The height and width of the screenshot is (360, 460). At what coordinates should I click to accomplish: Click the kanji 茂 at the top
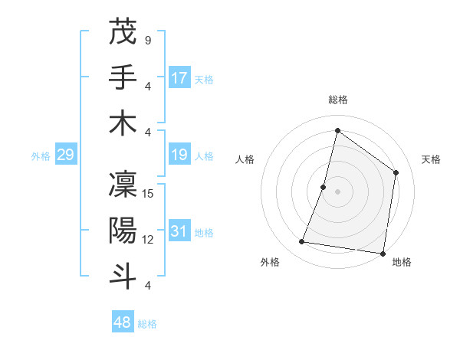(x=122, y=32)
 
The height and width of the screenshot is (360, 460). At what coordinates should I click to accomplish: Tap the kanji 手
(x=122, y=77)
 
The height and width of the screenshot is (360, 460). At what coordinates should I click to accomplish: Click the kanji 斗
(x=122, y=275)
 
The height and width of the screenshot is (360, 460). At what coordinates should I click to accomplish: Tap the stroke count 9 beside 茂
(x=148, y=39)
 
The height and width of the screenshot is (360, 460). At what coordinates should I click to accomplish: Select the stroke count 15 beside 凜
(x=149, y=193)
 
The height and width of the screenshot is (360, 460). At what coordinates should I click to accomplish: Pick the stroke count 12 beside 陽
(x=149, y=240)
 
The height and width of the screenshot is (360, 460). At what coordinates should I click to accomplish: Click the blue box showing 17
(x=179, y=78)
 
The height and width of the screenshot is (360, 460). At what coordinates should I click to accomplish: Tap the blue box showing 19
(x=179, y=155)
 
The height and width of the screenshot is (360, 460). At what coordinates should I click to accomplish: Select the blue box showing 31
(x=179, y=231)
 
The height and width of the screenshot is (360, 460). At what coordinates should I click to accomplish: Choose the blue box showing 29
(x=65, y=155)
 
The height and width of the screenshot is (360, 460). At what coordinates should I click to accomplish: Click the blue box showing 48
(x=123, y=322)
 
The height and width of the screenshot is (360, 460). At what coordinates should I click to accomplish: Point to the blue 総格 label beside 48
(x=148, y=324)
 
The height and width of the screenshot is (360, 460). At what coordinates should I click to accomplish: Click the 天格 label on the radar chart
(x=431, y=159)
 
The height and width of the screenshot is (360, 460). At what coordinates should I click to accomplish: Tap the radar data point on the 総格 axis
(x=337, y=130)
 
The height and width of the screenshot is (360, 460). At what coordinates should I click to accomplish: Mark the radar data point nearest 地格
(x=383, y=253)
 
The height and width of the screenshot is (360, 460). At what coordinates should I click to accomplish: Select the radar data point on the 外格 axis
(x=302, y=242)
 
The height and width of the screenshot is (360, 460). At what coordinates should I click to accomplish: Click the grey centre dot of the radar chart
(x=337, y=191)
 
